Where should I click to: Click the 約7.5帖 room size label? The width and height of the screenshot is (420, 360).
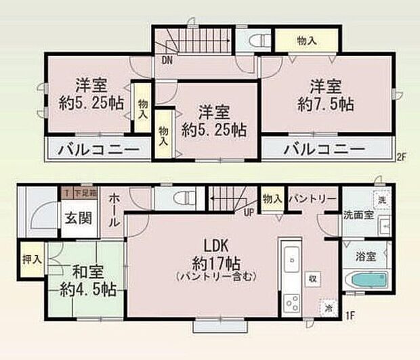327,106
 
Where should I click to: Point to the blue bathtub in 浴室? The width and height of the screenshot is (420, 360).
366,280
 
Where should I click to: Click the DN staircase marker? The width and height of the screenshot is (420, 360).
166,59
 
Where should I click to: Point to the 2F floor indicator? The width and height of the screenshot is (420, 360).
402,157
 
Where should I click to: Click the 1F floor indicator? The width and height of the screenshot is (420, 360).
351,314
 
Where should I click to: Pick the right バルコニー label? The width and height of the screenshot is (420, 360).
324,149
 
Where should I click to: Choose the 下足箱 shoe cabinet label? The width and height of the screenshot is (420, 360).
85,194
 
